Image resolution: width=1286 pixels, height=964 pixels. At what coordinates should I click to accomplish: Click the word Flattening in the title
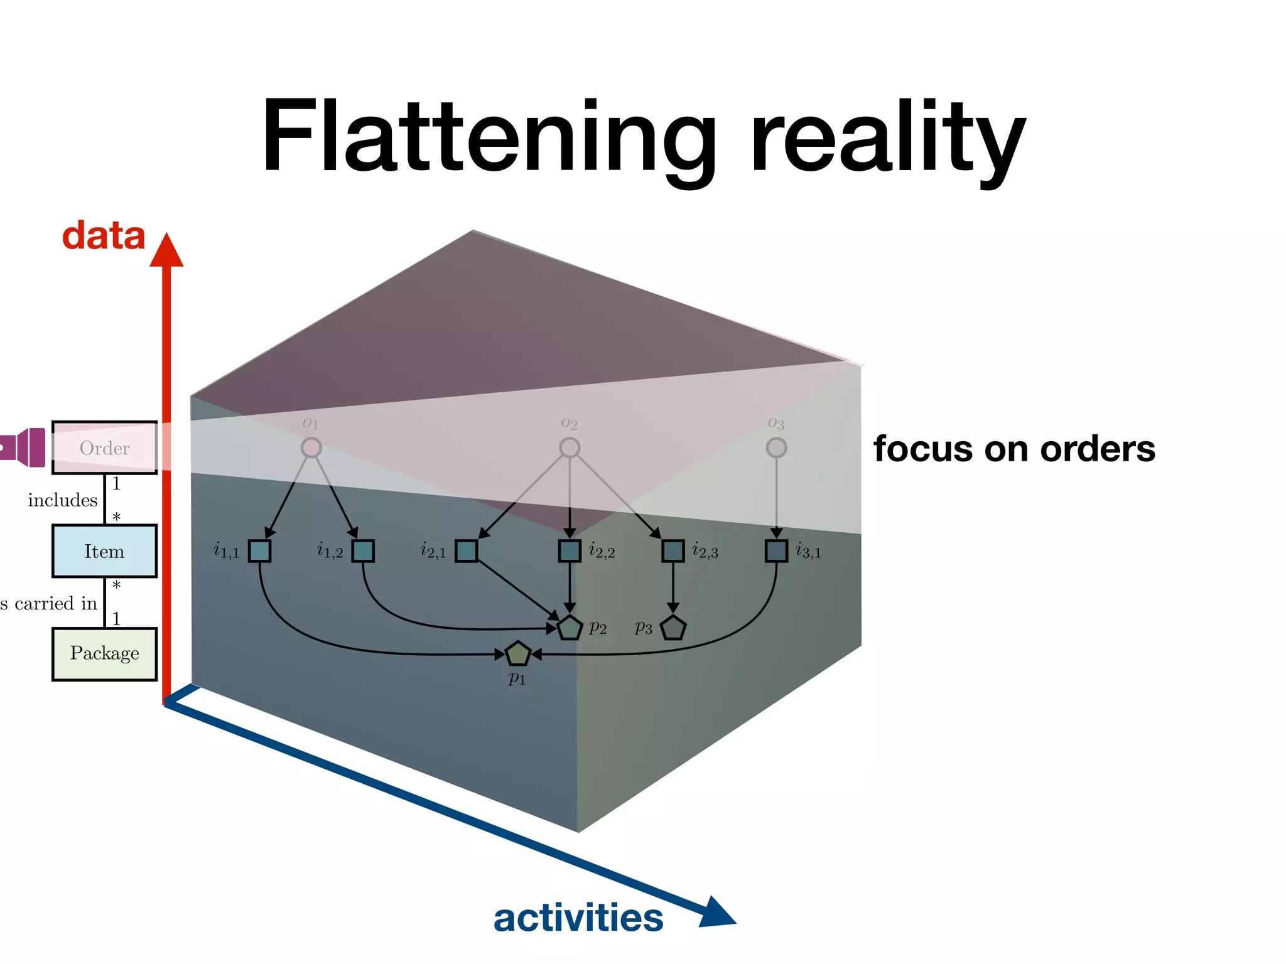coord(489,137)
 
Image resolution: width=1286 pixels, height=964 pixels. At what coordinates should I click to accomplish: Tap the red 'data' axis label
coord(104,236)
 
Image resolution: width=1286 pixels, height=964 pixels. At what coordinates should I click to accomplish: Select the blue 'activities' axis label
coord(578,918)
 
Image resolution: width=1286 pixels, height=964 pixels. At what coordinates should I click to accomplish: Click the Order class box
coord(104,447)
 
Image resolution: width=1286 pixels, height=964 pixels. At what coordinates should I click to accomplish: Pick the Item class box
coord(104,551)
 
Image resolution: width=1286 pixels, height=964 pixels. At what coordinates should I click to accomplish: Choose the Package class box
coord(104,653)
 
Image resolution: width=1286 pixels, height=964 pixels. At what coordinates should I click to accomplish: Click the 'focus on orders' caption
coord(1013,449)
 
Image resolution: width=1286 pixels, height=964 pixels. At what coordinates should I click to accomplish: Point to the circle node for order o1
coord(311,447)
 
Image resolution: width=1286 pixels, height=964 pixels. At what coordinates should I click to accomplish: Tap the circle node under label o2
coord(570,447)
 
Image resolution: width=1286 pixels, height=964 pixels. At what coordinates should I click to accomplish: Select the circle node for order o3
coord(776,447)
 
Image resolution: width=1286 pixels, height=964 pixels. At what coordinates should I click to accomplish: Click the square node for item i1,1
coord(259,551)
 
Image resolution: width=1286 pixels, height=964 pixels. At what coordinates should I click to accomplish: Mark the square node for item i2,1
coord(466,551)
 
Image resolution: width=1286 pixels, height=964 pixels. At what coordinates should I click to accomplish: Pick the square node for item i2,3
coord(673,551)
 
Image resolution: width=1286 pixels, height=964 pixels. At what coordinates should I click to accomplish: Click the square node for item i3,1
coord(776,551)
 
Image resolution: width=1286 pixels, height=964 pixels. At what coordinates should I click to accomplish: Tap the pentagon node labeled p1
coord(518,654)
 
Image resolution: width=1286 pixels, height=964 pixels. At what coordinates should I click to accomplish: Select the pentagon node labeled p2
coord(570,628)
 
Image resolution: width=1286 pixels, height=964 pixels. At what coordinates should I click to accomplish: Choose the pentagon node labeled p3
coord(673,628)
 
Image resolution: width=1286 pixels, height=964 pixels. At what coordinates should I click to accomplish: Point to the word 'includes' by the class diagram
coord(63,500)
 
